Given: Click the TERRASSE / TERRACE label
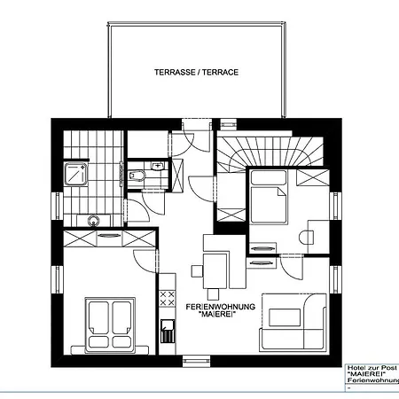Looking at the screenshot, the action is pos(196,73).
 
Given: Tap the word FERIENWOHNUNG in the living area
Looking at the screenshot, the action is pos(221,307).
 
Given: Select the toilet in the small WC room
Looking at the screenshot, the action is pos(137,176).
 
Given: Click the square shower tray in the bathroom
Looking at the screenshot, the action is pos(76,174).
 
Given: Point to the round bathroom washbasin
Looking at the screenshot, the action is pos(94,221).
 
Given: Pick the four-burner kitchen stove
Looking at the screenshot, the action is pos(167,298).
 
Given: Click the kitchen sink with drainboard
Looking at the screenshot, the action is pos(168,331).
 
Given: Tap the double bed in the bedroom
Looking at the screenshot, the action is pos(110,325).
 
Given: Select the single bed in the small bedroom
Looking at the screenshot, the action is pos(269,197).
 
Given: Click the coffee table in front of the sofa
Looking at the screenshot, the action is pos(285,317).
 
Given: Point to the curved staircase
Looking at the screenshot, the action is pos(270,153).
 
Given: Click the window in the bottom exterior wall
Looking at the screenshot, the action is pos(197,361).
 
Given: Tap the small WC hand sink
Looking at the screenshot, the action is pos(157,166).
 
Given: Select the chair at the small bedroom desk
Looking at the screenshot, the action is pos(306,238).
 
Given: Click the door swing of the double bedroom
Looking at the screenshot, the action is pos(145,261).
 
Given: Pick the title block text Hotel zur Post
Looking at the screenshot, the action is pos(372,368).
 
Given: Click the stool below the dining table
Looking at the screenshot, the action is pos(213,294).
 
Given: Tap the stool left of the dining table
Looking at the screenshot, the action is pos(197,271).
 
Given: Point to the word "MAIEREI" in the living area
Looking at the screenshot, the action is pos(215,315).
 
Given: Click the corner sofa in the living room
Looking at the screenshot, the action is pos(293,323).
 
